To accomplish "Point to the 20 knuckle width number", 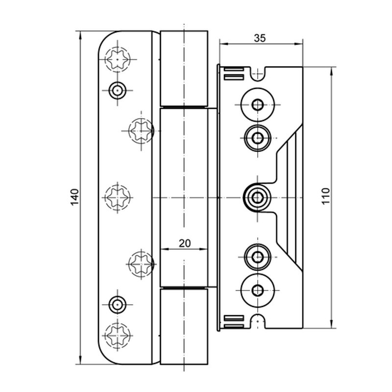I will pyautogui.click(x=184, y=242).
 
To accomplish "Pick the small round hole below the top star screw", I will pyautogui.click(x=117, y=90).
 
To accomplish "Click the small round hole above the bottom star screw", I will pyautogui.click(x=117, y=304).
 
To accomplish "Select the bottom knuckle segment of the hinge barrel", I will pyautogui.click(x=184, y=326).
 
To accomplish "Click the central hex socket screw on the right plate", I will pyautogui.click(x=256, y=197).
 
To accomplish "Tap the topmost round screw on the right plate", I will pyautogui.click(x=256, y=103).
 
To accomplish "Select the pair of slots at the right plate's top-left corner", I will pyautogui.click(x=232, y=74).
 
